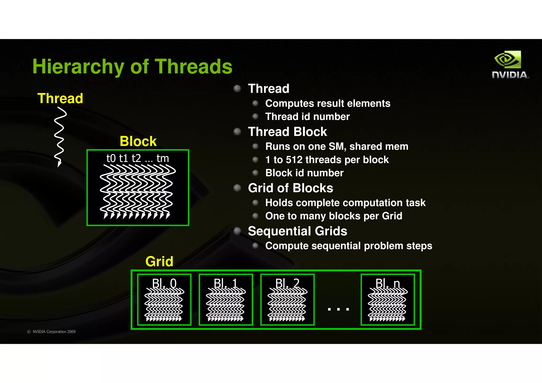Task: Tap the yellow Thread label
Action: click(60, 98)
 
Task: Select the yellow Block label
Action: click(138, 141)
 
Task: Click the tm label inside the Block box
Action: click(162, 158)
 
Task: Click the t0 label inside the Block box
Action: click(111, 158)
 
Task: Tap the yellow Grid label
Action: click(159, 262)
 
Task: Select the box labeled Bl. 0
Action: click(164, 300)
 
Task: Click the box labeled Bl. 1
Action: click(226, 300)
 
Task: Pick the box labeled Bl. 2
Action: click(287, 300)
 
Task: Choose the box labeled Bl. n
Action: click(388, 300)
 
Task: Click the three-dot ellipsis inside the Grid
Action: click(338, 309)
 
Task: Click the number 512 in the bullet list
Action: click(294, 160)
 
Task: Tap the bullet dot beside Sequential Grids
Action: click(237, 231)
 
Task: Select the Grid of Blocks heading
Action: click(290, 188)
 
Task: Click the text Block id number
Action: click(304, 173)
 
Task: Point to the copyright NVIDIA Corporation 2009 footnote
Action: click(51, 332)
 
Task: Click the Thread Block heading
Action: click(287, 132)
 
